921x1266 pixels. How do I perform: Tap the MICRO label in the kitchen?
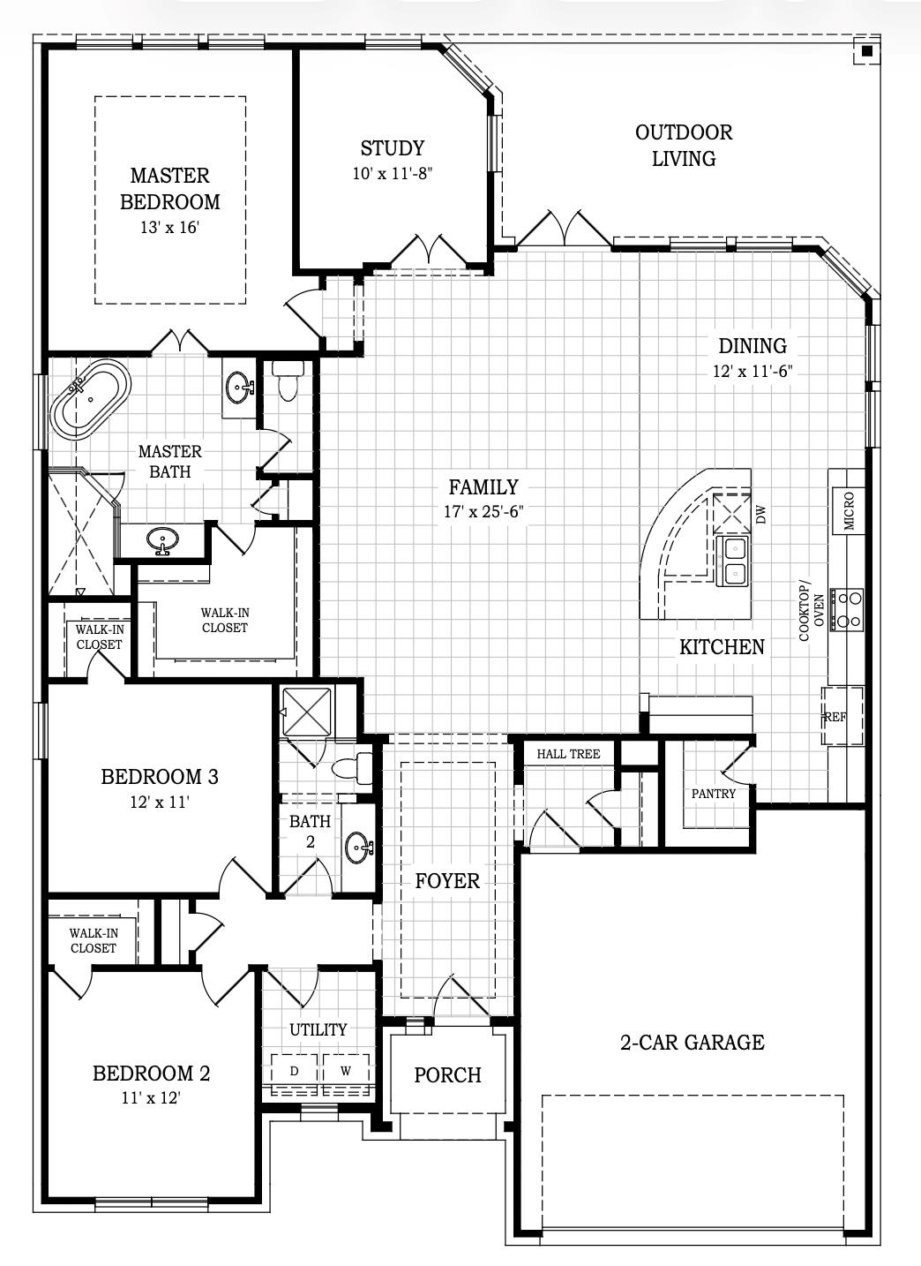(x=849, y=511)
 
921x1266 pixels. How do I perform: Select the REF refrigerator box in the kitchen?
(x=835, y=717)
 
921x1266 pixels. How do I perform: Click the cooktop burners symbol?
(x=849, y=609)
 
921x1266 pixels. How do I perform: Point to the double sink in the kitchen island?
(x=734, y=561)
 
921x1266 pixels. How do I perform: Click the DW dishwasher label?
(x=761, y=515)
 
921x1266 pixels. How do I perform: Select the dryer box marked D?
(x=295, y=1071)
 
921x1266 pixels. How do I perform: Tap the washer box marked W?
(x=346, y=1071)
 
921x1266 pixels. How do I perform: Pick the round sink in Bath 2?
(x=358, y=848)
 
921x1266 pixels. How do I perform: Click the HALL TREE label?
(x=568, y=754)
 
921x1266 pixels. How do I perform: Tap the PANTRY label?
(x=714, y=794)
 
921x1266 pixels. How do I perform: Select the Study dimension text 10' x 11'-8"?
(x=392, y=174)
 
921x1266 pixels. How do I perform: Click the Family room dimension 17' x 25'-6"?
(x=483, y=512)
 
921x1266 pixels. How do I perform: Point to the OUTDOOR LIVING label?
(x=684, y=146)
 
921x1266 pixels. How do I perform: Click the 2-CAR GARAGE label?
(x=692, y=1043)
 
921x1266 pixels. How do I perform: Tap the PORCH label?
(x=448, y=1075)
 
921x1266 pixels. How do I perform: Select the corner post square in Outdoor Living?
(x=866, y=52)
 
